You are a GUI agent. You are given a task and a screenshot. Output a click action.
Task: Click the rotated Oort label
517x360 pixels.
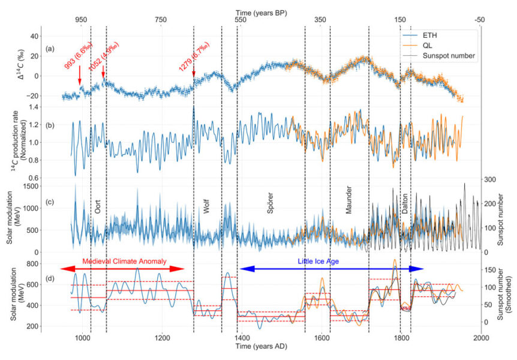pyautogui.click(x=98, y=207)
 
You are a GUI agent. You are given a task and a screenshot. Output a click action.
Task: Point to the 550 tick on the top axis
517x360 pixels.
pyautogui.click(x=241, y=20)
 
